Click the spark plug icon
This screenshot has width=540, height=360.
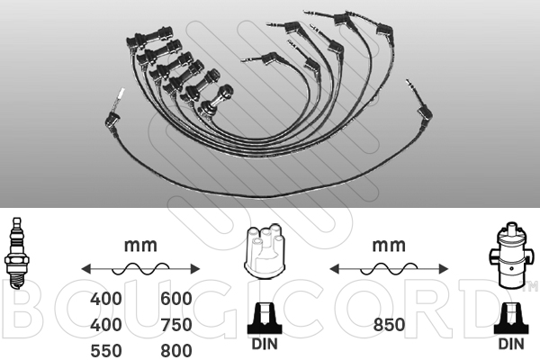point(15,253)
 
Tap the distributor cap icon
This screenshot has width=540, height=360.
point(264,251)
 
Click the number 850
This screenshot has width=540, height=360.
point(389,325)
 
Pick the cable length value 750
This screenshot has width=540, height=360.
point(176,325)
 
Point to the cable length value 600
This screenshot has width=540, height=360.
point(176,298)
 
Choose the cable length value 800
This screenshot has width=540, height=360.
point(176,351)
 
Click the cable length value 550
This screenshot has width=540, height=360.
point(106,351)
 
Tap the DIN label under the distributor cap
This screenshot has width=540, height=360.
point(265,344)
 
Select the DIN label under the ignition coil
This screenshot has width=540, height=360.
point(511,344)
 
